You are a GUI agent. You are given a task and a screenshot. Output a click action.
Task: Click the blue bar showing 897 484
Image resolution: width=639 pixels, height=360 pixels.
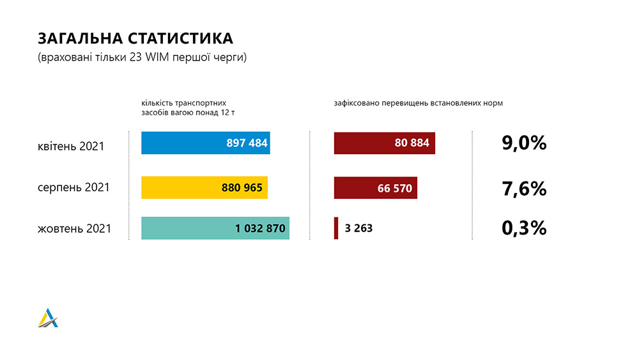click(205, 143)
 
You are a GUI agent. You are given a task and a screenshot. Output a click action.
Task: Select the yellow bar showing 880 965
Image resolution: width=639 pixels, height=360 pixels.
click(204, 187)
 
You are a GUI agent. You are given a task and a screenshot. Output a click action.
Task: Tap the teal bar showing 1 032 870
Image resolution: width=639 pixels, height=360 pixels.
click(215, 228)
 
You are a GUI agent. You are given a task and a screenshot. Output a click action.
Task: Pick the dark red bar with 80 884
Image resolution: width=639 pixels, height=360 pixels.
click(384, 143)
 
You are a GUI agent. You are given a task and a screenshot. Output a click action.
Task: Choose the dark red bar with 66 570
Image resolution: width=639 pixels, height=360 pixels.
click(375, 188)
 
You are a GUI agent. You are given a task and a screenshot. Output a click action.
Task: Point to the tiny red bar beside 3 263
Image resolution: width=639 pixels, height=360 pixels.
click(336, 228)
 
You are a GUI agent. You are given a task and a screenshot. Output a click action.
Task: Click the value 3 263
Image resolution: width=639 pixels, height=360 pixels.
click(358, 228)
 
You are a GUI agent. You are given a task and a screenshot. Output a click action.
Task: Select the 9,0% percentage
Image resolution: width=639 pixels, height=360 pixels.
click(524, 143)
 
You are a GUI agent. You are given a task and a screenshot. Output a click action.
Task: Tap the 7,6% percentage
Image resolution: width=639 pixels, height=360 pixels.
click(524, 188)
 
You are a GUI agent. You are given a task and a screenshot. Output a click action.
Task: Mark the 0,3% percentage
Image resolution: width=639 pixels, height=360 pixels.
click(524, 228)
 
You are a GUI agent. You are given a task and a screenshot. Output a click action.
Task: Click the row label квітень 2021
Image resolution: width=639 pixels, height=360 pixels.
click(71, 146)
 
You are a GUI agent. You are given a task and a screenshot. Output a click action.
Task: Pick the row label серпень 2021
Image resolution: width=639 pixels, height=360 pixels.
click(73, 188)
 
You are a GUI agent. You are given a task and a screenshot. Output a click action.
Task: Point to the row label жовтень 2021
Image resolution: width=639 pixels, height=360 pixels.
click(75, 228)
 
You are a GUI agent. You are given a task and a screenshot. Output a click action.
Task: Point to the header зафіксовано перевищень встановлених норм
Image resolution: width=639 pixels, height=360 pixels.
click(418, 103)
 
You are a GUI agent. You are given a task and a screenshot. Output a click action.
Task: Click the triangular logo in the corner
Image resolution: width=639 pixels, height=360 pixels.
click(48, 318)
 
